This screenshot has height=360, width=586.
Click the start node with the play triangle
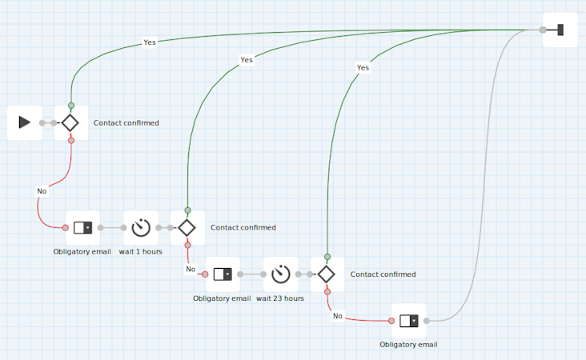pyautogui.click(x=24, y=122)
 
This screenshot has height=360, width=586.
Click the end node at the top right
pyautogui.click(x=560, y=30)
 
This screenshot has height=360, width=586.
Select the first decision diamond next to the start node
pyautogui.click(x=70, y=122)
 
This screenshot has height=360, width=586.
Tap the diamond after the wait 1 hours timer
pyautogui.click(x=187, y=228)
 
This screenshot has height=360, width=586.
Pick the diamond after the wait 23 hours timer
pyautogui.click(x=326, y=274)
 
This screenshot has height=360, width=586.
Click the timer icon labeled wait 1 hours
pyautogui.click(x=141, y=228)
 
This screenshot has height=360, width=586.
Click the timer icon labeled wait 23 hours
pyautogui.click(x=280, y=274)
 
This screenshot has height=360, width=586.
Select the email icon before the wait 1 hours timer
pyautogui.click(x=83, y=228)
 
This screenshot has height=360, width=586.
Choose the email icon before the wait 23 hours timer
pyautogui.click(x=223, y=274)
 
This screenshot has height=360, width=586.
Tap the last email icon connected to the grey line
pyautogui.click(x=409, y=321)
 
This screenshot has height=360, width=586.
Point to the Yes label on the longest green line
pyautogui.click(x=150, y=42)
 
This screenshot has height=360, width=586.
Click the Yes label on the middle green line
pyautogui.click(x=247, y=60)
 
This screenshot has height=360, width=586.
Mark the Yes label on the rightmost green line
pyautogui.click(x=363, y=68)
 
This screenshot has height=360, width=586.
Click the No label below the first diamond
pyautogui.click(x=42, y=191)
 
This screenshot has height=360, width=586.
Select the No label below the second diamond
pyautogui.click(x=191, y=269)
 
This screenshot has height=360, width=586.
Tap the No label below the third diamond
pyautogui.click(x=337, y=316)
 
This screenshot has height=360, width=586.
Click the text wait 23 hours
pyautogui.click(x=280, y=298)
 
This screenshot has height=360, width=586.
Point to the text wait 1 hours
pyautogui.click(x=141, y=251)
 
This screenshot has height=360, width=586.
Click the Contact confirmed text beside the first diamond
pyautogui.click(x=126, y=123)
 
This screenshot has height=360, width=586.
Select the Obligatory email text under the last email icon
pyautogui.click(x=408, y=345)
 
